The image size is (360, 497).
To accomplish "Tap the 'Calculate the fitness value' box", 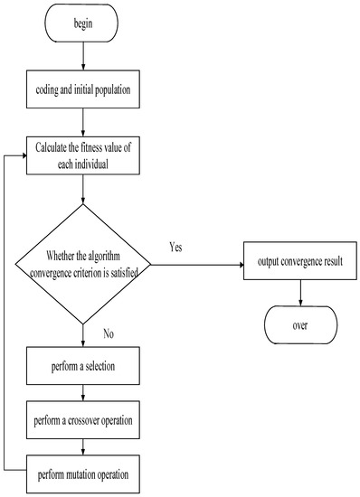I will (82, 156).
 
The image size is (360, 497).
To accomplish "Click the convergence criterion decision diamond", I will (83, 265).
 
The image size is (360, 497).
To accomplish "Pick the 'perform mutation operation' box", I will (82, 473).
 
